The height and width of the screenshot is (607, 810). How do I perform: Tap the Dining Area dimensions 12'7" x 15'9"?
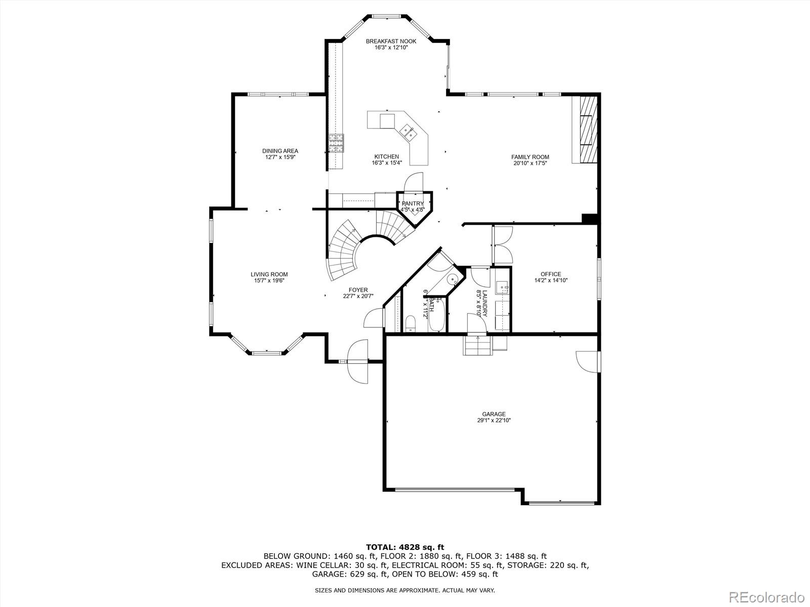coord(280,157)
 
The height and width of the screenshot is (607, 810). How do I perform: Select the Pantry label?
coord(413,203)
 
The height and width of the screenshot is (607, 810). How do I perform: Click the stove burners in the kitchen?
coord(336,143)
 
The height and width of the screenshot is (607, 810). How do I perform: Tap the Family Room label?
coord(530,157)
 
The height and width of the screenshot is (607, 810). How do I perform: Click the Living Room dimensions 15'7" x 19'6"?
coord(269,281)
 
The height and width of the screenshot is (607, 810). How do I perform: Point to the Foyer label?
coord(358,290)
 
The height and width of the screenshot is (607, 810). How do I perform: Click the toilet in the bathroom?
coord(410,323)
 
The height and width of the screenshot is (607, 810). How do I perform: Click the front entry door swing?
coord(357,362)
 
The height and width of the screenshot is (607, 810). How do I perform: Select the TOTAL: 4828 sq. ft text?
coord(404,547)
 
